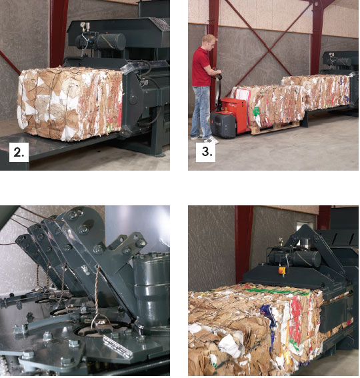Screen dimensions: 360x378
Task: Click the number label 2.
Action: click(19, 152)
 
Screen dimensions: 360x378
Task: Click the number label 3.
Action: click(205, 152)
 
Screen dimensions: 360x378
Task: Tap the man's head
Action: click(209, 42)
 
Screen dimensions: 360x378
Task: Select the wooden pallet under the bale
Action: click(275, 128)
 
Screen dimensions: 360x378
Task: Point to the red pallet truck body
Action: click(235, 113)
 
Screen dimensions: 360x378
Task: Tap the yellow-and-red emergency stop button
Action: click(281, 270)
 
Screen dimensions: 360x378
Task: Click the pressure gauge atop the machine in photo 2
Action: click(83, 25)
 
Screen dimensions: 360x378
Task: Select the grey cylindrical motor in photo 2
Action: click(111, 42)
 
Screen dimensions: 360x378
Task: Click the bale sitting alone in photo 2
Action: click(70, 103)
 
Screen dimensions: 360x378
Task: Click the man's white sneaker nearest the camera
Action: click(211, 140)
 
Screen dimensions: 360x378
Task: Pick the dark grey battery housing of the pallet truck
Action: click(223, 124)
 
